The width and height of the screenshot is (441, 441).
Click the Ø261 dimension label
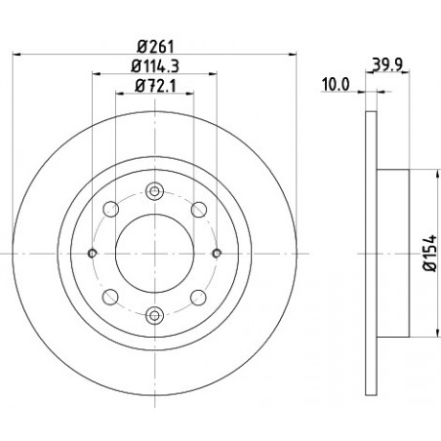click(155, 47)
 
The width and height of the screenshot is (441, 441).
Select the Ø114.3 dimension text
click(155, 66)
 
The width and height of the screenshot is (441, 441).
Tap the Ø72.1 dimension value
click(155, 86)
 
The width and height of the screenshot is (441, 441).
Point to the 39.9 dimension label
click(387, 65)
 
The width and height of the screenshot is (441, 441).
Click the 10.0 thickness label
click(336, 85)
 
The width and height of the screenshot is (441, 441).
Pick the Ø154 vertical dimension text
click(429, 253)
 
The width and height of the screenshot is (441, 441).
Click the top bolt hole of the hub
click(154, 191)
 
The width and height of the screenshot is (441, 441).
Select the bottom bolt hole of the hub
click(154, 315)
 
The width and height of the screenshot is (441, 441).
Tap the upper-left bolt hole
click(110, 209)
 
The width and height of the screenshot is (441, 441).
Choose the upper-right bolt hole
click(199, 209)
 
